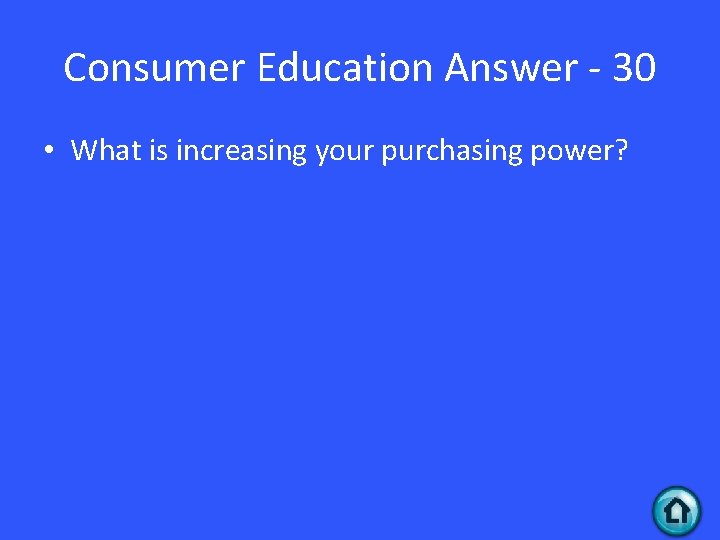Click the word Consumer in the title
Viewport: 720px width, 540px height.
click(x=155, y=69)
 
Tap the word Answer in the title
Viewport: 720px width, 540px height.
click(x=509, y=69)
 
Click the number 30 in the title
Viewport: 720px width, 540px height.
click(x=634, y=69)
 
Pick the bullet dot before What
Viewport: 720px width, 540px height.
click(x=49, y=152)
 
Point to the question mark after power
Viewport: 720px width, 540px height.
click(x=621, y=151)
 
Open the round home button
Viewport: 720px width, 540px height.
click(x=677, y=511)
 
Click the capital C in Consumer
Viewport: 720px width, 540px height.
click(x=76, y=69)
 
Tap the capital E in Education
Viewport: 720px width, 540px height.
click(x=267, y=69)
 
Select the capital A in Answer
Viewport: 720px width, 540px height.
click(x=458, y=69)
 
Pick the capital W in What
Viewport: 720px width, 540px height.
click(x=84, y=151)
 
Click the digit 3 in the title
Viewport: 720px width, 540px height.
click(x=622, y=69)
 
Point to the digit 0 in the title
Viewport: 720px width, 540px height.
click(x=646, y=69)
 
